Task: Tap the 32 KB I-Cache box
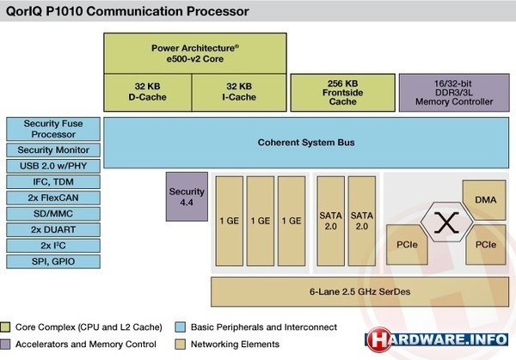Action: click(x=238, y=91)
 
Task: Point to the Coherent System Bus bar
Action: click(x=305, y=142)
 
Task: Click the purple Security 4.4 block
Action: click(x=187, y=195)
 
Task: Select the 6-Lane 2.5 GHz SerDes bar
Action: click(x=361, y=291)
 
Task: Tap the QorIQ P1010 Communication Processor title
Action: click(x=127, y=12)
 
